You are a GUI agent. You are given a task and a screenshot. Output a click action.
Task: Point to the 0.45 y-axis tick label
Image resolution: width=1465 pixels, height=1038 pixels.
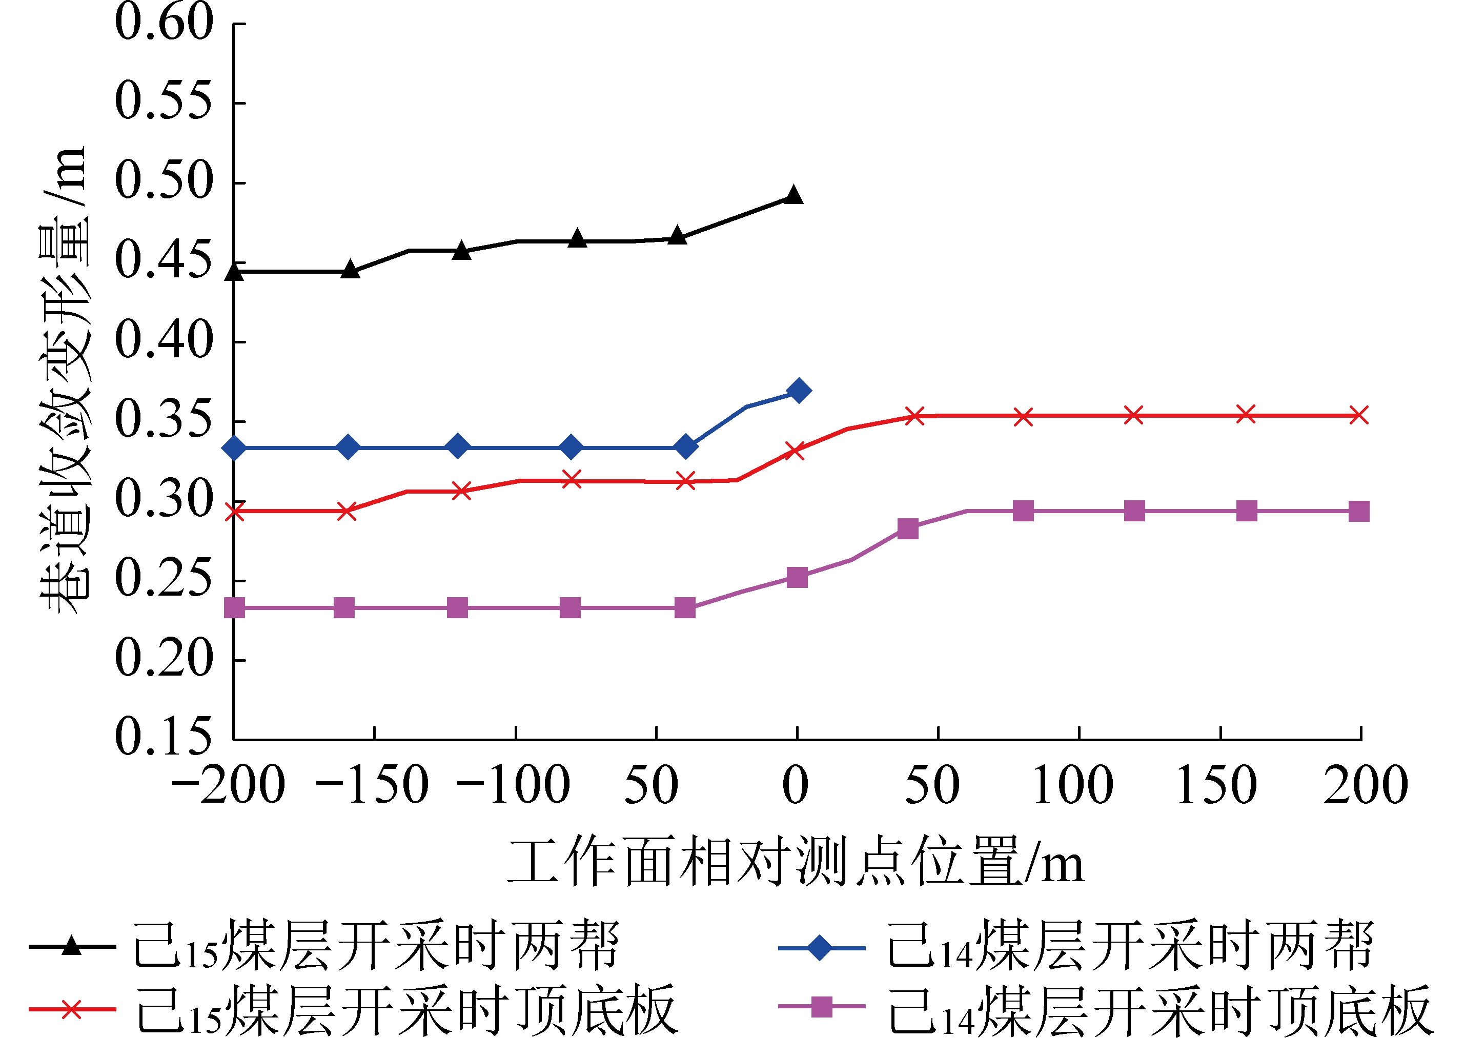pos(164,261)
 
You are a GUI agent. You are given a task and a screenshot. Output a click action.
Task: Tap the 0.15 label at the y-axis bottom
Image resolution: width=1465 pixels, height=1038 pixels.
pos(164,736)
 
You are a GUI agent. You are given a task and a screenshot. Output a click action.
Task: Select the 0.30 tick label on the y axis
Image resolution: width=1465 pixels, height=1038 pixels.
pos(164,499)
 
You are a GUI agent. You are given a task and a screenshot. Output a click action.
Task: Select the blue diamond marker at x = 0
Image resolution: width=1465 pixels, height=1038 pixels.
pos(798,391)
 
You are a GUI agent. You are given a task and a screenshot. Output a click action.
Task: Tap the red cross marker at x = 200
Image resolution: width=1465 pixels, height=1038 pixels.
pos(1358,415)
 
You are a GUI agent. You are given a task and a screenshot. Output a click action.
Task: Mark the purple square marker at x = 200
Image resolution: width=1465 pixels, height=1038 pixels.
pos(1358,512)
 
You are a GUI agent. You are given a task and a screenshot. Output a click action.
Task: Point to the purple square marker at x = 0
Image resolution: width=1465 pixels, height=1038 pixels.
pos(797,577)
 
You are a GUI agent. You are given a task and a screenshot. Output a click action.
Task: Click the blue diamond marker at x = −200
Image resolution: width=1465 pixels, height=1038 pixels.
pos(235,448)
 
